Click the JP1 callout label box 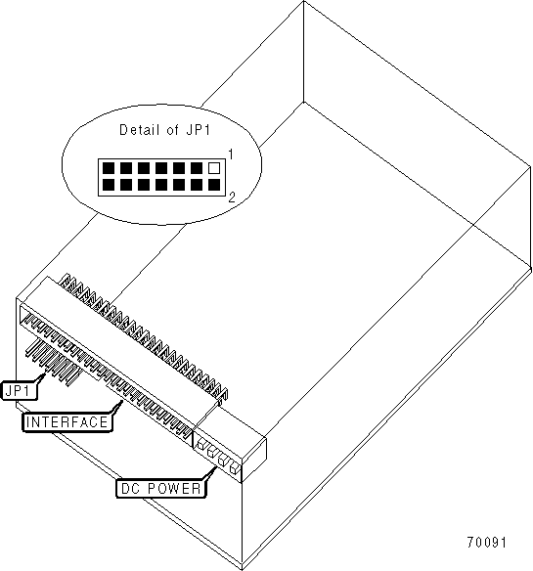(x=21, y=391)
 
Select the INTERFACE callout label (x=67, y=422)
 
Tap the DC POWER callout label (x=161, y=489)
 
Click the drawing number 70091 (x=486, y=543)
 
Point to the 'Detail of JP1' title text (x=165, y=130)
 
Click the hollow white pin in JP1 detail (x=214, y=168)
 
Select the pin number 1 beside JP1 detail (x=231, y=154)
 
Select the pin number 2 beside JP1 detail (x=232, y=198)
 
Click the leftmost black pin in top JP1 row (x=109, y=168)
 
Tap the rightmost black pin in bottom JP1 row (x=214, y=185)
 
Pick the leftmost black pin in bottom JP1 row (x=109, y=185)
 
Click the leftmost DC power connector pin (x=200, y=444)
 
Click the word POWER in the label (x=174, y=489)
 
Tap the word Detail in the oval (x=140, y=130)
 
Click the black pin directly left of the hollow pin (x=197, y=168)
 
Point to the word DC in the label (x=130, y=489)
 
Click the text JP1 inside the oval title (x=199, y=130)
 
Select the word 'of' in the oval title (x=172, y=130)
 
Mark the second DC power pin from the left (x=211, y=452)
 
